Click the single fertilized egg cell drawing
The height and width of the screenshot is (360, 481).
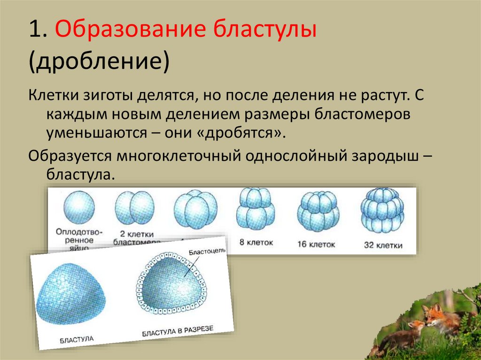pyautogui.click(x=78, y=208)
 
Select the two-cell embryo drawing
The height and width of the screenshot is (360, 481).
pyautogui.click(x=134, y=208)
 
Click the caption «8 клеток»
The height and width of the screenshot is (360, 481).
pyautogui.click(x=256, y=243)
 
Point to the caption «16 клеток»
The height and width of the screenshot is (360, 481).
pyautogui.click(x=316, y=245)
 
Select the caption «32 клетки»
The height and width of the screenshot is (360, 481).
pyautogui.click(x=383, y=245)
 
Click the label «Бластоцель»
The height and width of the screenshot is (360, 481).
pyautogui.click(x=207, y=251)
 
